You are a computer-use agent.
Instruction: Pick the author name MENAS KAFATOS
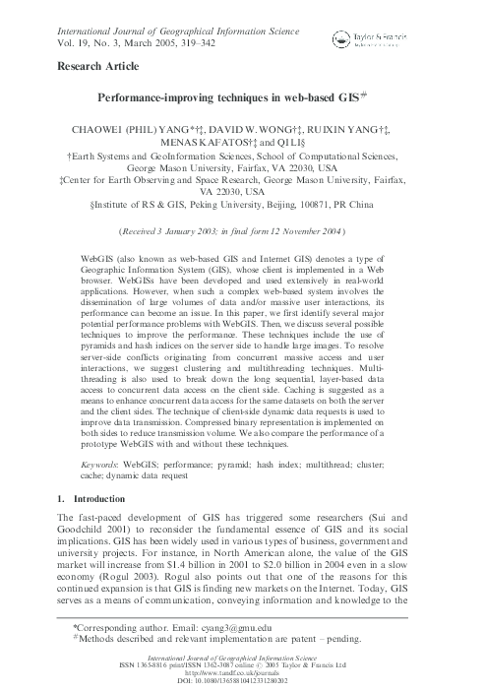222,142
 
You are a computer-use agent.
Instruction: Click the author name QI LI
309,142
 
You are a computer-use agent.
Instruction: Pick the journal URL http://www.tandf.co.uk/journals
242,670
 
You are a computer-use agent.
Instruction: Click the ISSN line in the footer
242,662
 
